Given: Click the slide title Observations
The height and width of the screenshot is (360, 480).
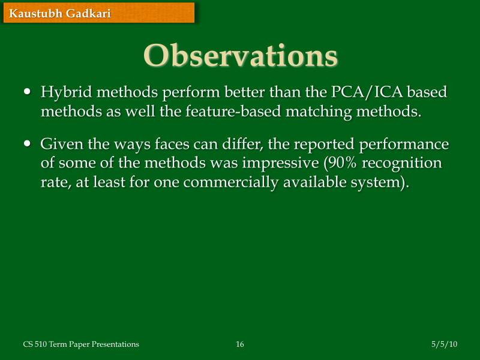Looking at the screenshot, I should pyautogui.click(x=240, y=55).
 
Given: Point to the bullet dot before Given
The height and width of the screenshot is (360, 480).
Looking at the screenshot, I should pyautogui.click(x=27, y=144).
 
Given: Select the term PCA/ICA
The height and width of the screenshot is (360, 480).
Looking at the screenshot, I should pyautogui.click(x=367, y=93).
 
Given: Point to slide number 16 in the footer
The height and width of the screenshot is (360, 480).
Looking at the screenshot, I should pyautogui.click(x=240, y=344).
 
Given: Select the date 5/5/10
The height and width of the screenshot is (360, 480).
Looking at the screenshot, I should pyautogui.click(x=445, y=344).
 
